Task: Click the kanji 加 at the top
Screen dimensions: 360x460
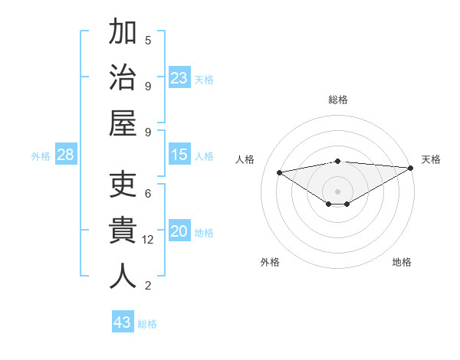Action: click(x=123, y=33)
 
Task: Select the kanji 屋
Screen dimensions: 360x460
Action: click(x=123, y=123)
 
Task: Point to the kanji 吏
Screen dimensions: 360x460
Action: click(x=123, y=185)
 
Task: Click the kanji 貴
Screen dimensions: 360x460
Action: click(x=123, y=231)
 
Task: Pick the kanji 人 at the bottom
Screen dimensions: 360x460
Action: click(x=123, y=277)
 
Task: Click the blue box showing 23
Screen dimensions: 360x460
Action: click(x=179, y=78)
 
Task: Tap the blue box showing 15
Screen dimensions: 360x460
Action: click(x=179, y=155)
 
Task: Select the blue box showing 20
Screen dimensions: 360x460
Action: click(x=179, y=232)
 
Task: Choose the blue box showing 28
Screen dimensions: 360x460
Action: click(x=66, y=155)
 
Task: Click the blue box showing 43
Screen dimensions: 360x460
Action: click(x=122, y=322)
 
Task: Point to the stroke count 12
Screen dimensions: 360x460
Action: click(x=149, y=240)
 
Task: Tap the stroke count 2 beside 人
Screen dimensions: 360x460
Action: click(x=148, y=286)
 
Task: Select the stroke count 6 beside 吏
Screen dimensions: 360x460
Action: click(x=148, y=194)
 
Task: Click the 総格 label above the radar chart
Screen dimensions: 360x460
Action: click(x=337, y=100)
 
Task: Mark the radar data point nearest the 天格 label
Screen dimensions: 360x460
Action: click(x=411, y=168)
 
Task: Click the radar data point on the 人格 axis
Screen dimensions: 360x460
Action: click(x=279, y=172)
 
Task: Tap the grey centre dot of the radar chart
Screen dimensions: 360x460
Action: click(x=337, y=191)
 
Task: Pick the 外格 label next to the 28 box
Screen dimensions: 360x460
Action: click(x=41, y=156)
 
